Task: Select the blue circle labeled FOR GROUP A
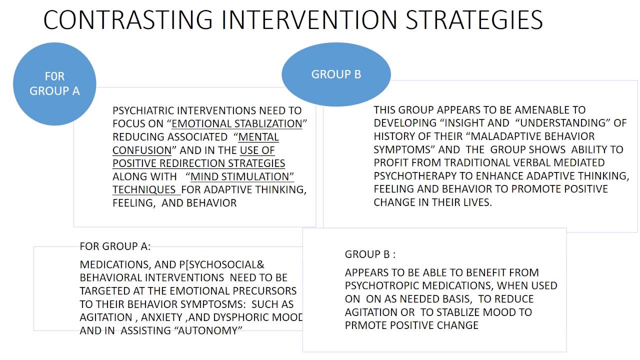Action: pos(54,83)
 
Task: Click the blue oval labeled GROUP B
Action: pos(336,74)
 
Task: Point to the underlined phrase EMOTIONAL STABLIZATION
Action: pos(237,123)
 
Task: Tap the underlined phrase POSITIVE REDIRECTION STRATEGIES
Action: pos(199,163)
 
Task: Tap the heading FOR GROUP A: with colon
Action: pos(115,246)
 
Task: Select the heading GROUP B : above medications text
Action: pos(370,254)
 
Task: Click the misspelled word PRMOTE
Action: pos(365,325)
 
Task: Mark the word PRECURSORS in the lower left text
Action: pos(267,291)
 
